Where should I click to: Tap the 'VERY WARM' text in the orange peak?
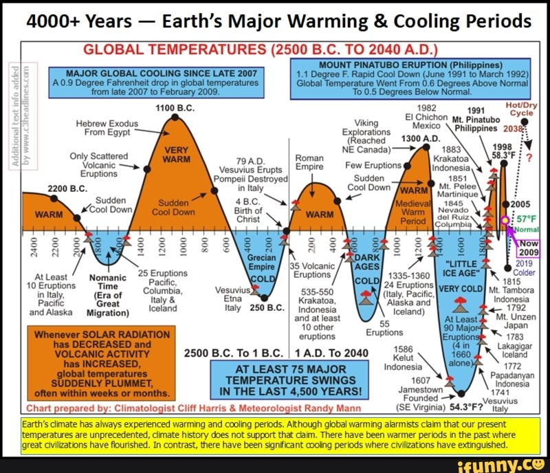(176, 155)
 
